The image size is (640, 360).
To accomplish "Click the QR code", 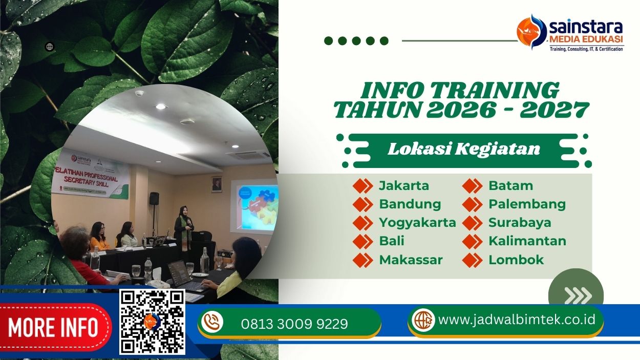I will [152, 322].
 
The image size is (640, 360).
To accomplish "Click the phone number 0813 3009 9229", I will [294, 324].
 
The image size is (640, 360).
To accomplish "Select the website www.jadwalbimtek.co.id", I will [517, 320].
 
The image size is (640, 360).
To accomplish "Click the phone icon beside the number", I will [211, 322].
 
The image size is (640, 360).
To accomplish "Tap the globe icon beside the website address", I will [423, 320].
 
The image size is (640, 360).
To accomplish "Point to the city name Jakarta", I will [403, 185].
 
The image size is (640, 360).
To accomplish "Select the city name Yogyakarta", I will [417, 222].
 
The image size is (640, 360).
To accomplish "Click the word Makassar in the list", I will [411, 260].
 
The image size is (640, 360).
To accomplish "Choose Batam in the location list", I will [510, 185].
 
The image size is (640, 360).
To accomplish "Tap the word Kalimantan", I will [527, 241].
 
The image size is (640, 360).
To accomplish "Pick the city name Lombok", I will [516, 260].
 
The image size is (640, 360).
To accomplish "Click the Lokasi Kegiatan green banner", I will [463, 149].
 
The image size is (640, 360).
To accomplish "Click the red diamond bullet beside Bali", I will [362, 241].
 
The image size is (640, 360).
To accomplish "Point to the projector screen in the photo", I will [254, 205].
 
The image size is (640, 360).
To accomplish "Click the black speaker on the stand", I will [154, 199].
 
